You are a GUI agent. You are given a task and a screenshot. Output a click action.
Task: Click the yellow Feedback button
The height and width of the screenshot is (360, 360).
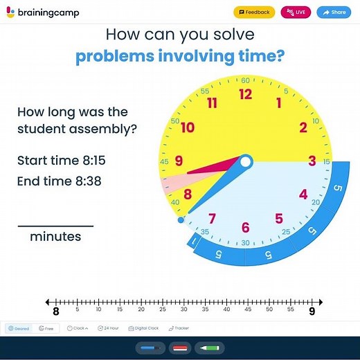click(254, 12)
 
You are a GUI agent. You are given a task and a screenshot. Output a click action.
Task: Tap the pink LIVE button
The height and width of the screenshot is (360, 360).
click(296, 12)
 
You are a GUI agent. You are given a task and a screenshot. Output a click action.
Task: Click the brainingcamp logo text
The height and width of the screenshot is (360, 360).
click(44, 12)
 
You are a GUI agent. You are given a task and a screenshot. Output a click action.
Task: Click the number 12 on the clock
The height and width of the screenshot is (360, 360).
click(245, 95)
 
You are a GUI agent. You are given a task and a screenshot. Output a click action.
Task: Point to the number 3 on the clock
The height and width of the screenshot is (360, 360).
click(312, 161)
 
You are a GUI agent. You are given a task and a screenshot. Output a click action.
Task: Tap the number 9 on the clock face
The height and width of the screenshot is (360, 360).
click(179, 161)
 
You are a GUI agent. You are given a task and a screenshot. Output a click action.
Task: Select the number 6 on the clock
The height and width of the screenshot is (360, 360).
click(245, 227)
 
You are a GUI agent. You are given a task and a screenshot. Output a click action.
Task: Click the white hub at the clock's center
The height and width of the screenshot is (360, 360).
click(245, 161)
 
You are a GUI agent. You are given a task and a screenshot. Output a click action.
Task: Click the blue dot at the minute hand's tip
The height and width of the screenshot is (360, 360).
click(181, 220)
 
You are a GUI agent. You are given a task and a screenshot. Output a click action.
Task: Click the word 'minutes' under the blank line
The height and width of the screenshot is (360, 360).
click(55, 237)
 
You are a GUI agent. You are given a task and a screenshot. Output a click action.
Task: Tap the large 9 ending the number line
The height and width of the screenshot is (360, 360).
click(312, 312)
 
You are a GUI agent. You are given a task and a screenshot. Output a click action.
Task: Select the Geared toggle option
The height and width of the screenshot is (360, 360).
click(19, 328)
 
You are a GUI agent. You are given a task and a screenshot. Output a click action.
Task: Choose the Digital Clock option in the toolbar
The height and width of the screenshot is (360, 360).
click(143, 328)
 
